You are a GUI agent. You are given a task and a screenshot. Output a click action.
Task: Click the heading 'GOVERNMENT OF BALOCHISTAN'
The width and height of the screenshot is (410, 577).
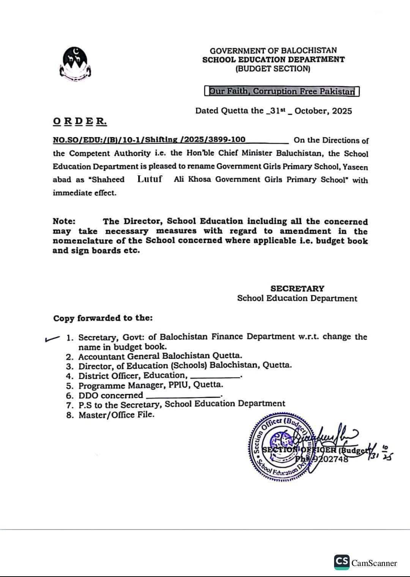coord(273,50)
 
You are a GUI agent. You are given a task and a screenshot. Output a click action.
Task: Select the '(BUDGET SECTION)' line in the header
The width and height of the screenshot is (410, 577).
coord(273,69)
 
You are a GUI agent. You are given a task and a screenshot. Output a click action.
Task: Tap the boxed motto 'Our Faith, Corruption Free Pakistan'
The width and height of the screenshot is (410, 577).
coord(282,91)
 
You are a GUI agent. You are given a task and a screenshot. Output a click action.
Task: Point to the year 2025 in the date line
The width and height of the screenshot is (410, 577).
coord(341,111)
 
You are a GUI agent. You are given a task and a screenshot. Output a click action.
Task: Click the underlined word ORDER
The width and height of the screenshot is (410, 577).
coord(80,121)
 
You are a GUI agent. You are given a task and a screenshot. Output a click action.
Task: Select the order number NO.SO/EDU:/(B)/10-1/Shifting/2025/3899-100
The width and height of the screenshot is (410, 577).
coord(149,140)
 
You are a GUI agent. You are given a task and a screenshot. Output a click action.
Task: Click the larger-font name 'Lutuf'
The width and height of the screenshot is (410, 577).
coord(150,179)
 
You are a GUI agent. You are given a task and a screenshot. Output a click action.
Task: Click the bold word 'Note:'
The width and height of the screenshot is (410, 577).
coord(64,221)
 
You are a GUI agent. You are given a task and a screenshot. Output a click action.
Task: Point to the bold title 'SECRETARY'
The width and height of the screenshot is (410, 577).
coord(297,288)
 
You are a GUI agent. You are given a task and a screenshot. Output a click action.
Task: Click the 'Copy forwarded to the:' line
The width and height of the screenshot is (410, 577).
coord(103,318)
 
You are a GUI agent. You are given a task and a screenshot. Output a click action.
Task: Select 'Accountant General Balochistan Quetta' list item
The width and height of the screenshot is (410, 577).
coord(160,356)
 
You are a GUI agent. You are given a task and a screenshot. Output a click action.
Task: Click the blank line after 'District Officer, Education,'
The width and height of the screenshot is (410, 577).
coord(215,377)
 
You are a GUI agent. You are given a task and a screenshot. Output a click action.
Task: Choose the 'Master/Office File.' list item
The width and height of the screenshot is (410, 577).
coord(116,415)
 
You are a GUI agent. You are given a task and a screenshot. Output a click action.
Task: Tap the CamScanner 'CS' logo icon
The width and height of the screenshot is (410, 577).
coord(341,562)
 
